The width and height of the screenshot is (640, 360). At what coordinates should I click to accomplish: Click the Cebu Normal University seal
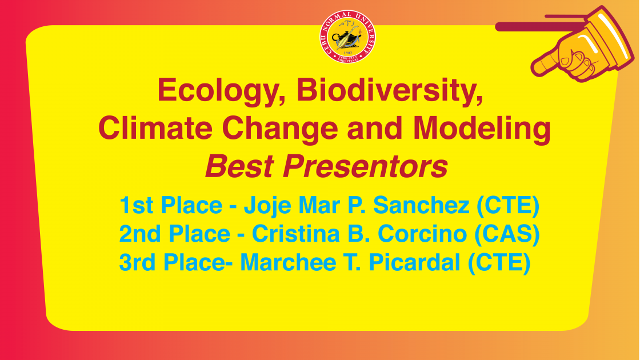click(x=347, y=37)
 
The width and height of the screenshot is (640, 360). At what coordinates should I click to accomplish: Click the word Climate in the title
click(x=155, y=128)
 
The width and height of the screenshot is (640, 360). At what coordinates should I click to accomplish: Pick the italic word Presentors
click(x=365, y=166)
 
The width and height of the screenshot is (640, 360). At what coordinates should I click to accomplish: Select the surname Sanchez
click(x=421, y=205)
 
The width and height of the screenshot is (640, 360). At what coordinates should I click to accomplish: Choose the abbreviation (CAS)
click(x=507, y=234)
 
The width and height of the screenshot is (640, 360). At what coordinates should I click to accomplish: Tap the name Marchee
click(x=288, y=262)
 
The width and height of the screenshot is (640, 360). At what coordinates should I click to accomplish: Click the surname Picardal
click(x=414, y=262)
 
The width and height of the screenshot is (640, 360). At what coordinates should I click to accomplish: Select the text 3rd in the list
click(x=137, y=262)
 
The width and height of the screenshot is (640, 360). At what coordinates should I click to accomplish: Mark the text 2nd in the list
click(x=139, y=234)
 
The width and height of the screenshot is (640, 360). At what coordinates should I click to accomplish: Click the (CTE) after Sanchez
click(x=508, y=206)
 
